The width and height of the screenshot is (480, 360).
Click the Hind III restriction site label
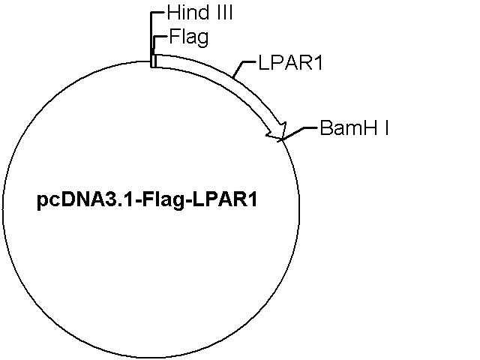(200, 13)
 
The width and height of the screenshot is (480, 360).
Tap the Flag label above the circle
(189, 37)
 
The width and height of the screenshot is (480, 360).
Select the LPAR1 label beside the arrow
(290, 63)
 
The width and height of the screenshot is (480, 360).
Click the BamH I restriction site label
(354, 127)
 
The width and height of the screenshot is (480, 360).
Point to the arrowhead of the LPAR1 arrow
(278, 132)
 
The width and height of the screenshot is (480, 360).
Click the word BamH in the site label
(348, 127)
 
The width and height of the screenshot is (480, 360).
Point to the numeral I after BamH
(387, 127)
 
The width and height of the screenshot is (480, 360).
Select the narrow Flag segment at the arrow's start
(154, 61)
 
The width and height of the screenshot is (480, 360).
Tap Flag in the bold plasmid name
(163, 200)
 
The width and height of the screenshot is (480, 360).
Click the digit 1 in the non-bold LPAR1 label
(318, 63)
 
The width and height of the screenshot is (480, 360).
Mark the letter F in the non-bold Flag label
(174, 36)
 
